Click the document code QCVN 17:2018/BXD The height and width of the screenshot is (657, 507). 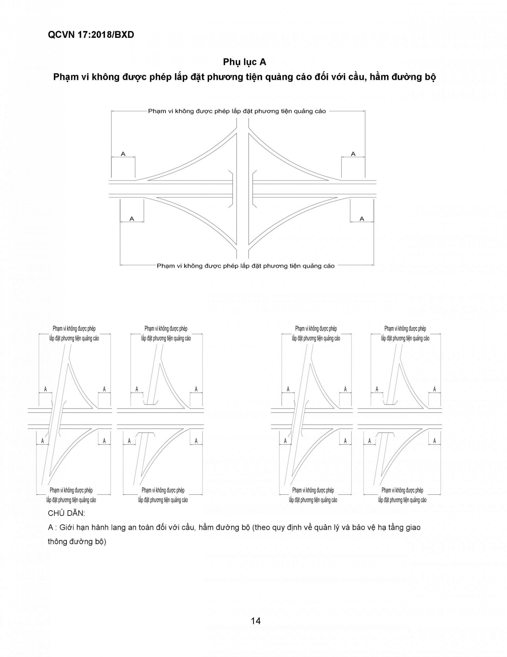pos(91,35)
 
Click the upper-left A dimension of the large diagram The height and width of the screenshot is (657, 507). pos(123,154)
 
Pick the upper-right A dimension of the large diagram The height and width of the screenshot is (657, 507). pos(353,154)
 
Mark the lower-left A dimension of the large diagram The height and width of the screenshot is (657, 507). pos(132,219)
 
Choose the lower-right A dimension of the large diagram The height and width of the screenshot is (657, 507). pos(362,219)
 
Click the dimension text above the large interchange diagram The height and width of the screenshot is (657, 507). pos(237,111)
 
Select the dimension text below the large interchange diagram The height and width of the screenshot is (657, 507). pos(246,266)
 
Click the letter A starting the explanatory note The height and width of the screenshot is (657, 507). pos(50,527)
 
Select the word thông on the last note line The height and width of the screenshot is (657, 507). pos(57,542)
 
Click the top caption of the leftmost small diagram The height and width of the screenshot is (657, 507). pos(74,333)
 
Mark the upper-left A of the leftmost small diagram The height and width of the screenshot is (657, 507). pos(45,389)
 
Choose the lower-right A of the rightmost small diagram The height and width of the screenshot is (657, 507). pos(434,441)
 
